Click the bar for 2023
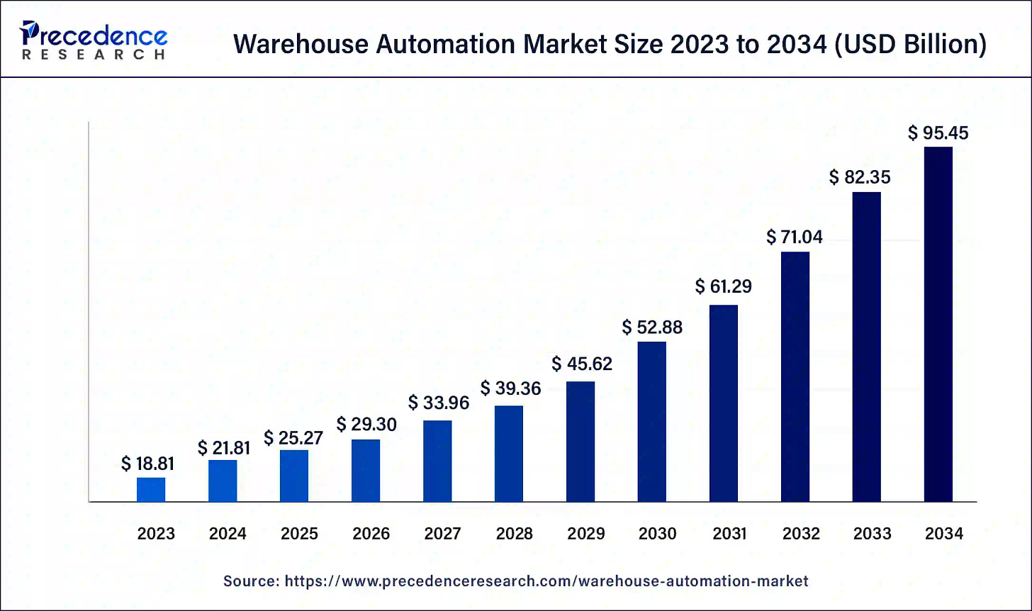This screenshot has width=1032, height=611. [x=151, y=490]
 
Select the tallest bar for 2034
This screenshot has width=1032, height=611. [x=938, y=325]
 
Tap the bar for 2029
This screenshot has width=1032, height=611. [x=580, y=442]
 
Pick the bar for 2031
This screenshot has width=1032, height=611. [x=723, y=403]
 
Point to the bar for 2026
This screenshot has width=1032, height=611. [x=366, y=471]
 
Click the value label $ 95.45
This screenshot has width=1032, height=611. [x=938, y=133]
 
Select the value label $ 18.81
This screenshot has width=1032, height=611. [x=147, y=464]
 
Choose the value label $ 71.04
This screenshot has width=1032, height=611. [x=795, y=237]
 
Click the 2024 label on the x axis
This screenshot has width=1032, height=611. [x=228, y=534]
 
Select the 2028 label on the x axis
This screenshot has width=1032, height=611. [x=514, y=534]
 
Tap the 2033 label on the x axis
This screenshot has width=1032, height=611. [x=873, y=534]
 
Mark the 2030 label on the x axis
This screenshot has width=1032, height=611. [x=657, y=534]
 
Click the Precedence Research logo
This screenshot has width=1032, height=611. [x=94, y=40]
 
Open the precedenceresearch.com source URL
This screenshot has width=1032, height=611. [x=546, y=581]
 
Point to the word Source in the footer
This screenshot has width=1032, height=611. [x=249, y=581]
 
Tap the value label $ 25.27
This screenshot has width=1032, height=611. [x=293, y=438]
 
